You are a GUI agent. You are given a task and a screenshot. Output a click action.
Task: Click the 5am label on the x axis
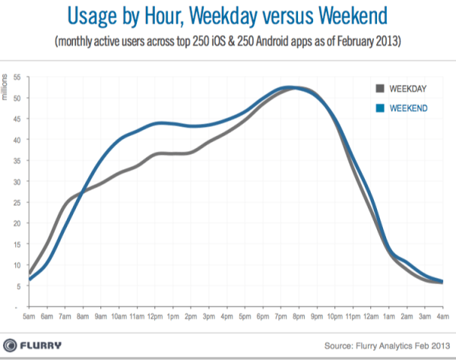click(x=29, y=315)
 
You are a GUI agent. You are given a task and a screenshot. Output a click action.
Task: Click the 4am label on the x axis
click(x=442, y=315)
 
